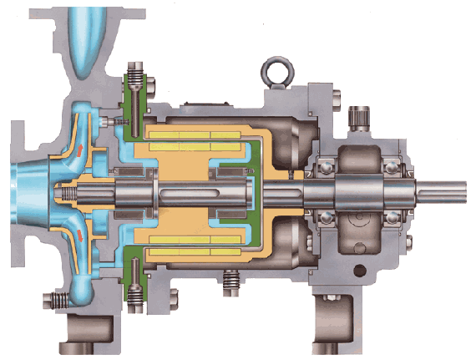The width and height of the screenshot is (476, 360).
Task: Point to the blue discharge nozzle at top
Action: pos(89,38)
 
